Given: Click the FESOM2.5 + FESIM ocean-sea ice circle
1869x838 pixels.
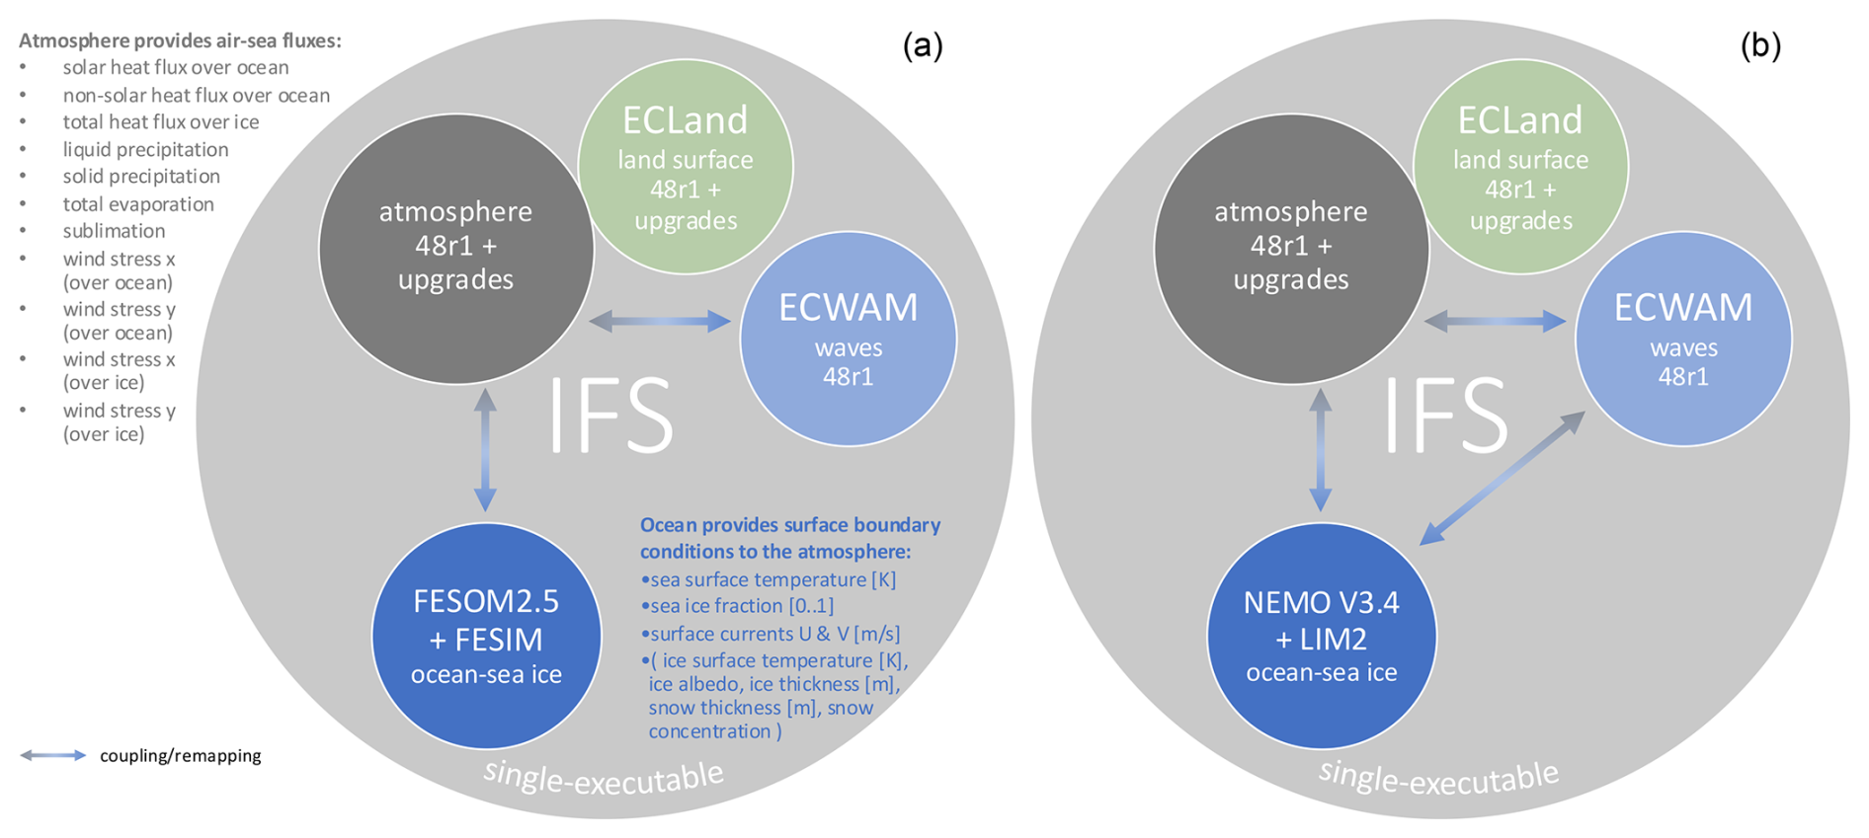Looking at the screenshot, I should [486, 637].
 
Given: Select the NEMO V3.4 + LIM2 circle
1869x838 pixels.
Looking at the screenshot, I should [1321, 637].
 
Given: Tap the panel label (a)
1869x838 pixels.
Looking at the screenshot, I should [923, 45].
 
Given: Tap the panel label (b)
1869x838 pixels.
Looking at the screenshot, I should [1759, 45].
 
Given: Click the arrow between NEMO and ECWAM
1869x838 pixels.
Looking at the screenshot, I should [1503, 478].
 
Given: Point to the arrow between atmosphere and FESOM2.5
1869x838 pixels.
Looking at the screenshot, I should [485, 449].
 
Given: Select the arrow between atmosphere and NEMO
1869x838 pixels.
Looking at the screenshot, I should [1321, 449].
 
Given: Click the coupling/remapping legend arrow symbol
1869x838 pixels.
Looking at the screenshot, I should [53, 755].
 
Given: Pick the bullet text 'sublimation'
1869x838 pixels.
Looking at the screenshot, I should [114, 231].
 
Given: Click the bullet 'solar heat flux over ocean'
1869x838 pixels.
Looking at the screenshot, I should [176, 68].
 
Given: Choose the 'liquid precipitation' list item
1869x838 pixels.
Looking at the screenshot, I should [145, 150].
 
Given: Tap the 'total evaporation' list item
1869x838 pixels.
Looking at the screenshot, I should [138, 204].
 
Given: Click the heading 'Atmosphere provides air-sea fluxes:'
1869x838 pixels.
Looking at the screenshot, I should [180, 41].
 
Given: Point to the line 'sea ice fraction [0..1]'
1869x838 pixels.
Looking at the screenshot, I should [741, 606].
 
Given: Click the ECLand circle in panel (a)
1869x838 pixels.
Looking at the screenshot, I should [685, 167].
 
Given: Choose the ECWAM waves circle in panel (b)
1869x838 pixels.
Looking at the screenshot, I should [1682, 339].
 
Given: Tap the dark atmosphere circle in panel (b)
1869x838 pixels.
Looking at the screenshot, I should [1291, 247].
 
